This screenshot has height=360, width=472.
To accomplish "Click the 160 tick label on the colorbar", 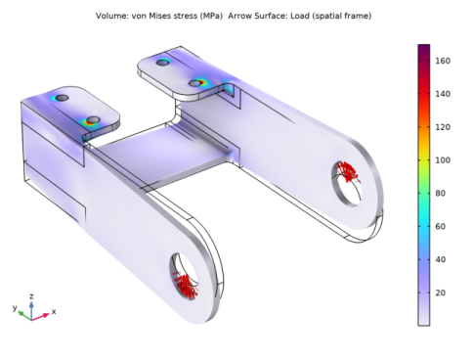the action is pos(443,61).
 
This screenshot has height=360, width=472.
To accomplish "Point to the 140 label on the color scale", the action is pos(443,94).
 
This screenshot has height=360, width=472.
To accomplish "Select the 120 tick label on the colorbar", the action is pos(443,127).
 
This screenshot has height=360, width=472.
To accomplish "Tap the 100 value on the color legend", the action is pos(443,160).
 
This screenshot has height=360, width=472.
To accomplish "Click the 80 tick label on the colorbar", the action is pos(440,194).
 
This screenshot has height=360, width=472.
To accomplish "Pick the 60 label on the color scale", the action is pos(440,226).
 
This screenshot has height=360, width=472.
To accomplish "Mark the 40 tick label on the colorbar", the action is pos(440,259).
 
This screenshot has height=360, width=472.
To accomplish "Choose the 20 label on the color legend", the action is pos(440,292).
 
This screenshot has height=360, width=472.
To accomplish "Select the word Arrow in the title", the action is pos(238,16).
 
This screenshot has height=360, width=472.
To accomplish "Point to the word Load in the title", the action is pos(299,16).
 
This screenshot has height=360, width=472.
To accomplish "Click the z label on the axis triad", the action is pos(31,296).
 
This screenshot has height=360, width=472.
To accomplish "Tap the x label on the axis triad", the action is pos(54,312).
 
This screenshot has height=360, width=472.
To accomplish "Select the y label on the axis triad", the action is pos(15,307).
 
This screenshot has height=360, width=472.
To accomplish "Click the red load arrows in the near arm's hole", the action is pos(186,285).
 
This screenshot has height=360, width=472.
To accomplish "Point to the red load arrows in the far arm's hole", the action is pos(347,171).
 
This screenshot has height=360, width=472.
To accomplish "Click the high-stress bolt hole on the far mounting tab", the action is pos(195,83).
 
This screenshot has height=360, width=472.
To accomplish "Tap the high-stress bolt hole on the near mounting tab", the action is pos(93,120).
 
